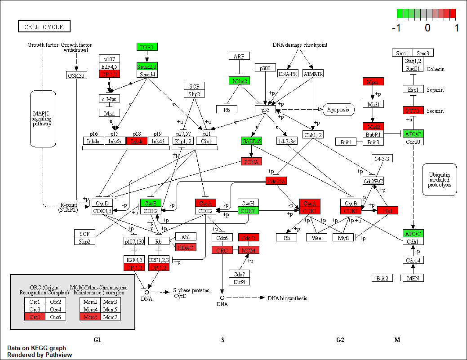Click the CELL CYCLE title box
44,27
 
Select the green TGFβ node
147,47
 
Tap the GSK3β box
76,75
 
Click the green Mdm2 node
238,81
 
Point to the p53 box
265,109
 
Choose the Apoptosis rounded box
338,109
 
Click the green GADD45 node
251,141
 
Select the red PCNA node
251,161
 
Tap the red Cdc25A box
276,181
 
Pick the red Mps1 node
373,82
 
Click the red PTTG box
413,110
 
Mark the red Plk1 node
387,210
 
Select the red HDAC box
186,247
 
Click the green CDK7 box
247,210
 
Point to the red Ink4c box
137,141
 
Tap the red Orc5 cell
35,317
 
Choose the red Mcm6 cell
90,317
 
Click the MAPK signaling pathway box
43,118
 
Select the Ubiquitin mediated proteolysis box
439,179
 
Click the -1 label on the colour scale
396,28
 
